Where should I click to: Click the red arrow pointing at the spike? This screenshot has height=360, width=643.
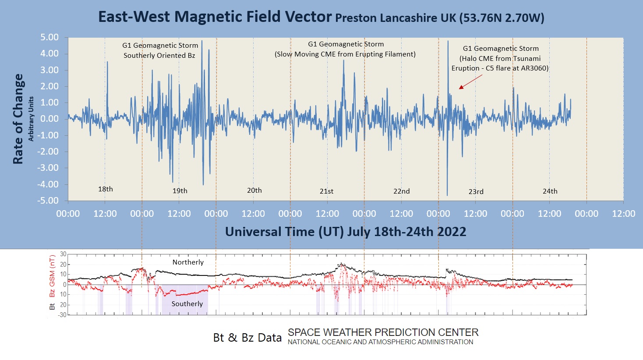point(470,81)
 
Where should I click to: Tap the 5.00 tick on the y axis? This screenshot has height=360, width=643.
point(49,38)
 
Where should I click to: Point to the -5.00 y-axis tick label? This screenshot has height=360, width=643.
point(48,201)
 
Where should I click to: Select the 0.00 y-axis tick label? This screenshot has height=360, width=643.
point(49,119)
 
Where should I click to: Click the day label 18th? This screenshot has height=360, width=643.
point(105,189)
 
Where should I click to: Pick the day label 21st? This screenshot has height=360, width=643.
point(326,191)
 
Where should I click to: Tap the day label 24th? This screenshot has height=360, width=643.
point(550,191)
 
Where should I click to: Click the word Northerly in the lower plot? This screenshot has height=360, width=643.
point(188,262)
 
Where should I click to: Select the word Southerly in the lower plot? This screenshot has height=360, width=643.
point(187,304)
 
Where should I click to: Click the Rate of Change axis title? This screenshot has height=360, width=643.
point(18,119)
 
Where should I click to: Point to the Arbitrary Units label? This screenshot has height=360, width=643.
point(31,119)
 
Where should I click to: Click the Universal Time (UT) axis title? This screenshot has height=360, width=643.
point(345,232)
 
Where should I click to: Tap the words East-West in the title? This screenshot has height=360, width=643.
point(134,17)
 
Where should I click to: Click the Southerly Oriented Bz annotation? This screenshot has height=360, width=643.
point(159,56)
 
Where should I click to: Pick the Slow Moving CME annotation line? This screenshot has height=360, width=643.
point(345,54)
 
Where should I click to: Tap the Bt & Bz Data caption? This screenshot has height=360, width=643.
point(247,338)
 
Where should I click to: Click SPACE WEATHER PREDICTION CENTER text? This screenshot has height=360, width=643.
point(383,332)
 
